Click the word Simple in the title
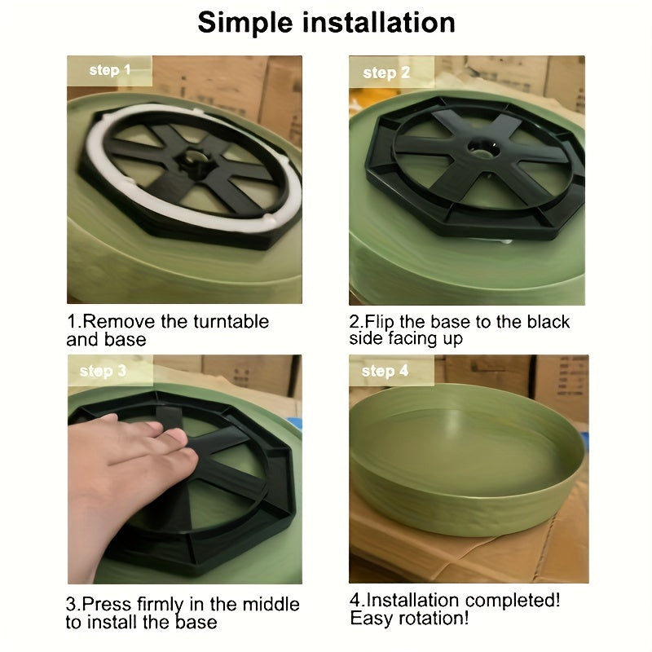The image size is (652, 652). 245,24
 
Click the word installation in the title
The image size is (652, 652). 378,22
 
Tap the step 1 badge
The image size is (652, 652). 110,70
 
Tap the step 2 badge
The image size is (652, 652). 391,72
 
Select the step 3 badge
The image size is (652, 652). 110,370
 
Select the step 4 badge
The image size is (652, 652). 391,370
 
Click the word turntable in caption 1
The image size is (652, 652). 231,321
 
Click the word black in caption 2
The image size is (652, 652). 548,322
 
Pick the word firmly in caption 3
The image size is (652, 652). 160,605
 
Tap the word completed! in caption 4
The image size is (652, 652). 513,601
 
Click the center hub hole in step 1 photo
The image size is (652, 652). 195,159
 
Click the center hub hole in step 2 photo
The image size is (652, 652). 483,148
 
